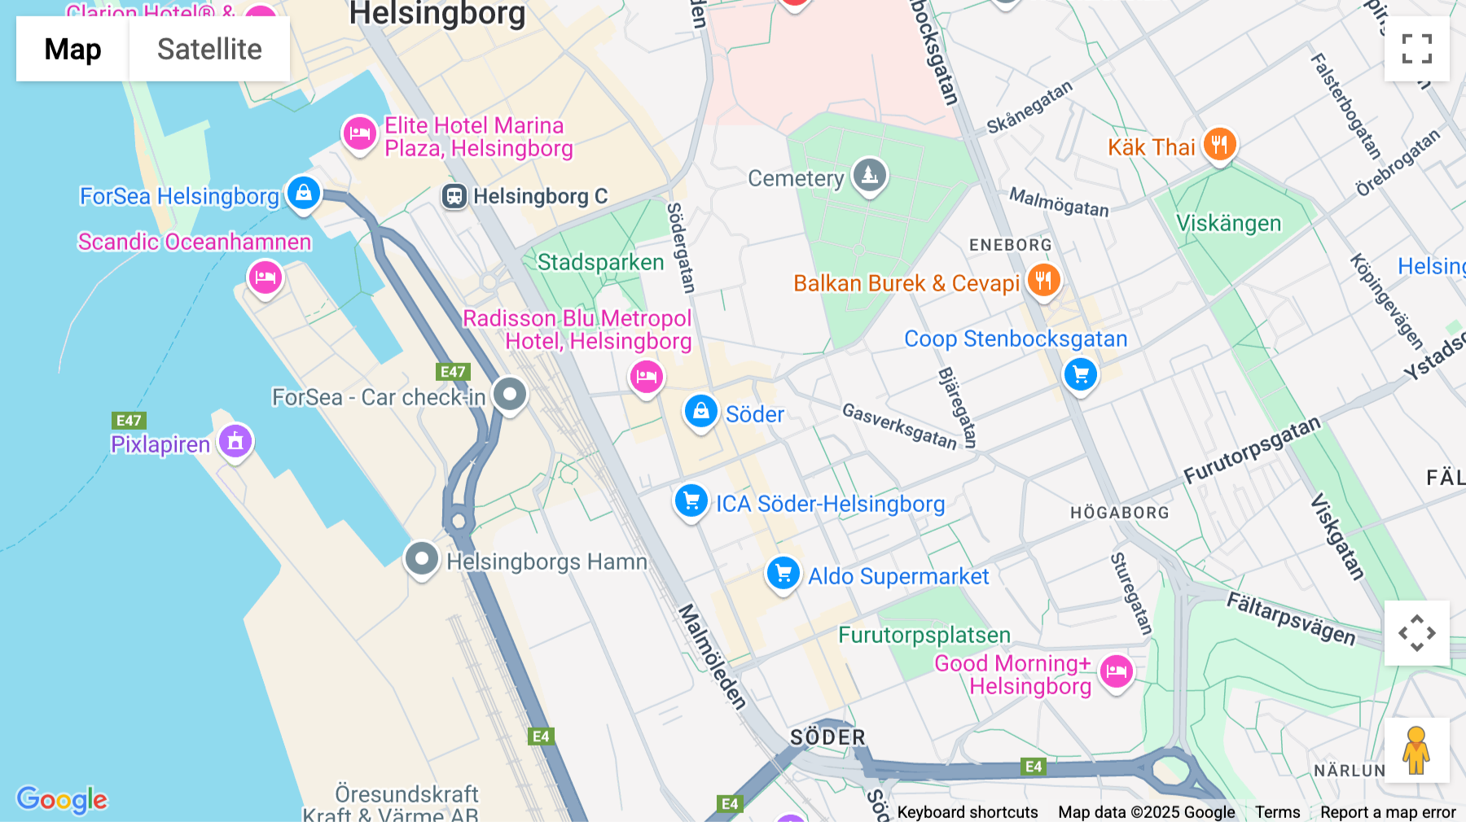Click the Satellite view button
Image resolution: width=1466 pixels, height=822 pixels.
click(209, 49)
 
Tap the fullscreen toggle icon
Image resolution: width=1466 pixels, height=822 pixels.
click(1416, 49)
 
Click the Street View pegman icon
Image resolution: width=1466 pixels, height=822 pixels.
click(1416, 750)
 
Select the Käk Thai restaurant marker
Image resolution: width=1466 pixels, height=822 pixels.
click(1219, 145)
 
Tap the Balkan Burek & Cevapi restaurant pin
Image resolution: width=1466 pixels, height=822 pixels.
click(1043, 281)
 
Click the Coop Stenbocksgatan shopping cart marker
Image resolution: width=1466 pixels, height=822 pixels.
click(1081, 374)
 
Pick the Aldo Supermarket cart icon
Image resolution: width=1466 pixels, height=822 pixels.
click(783, 574)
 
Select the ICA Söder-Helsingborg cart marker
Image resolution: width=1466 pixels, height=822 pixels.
click(691, 501)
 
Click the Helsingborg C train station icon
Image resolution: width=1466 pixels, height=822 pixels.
click(454, 196)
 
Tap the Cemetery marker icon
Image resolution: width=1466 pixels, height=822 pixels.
click(870, 175)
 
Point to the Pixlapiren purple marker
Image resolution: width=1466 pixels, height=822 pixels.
click(235, 442)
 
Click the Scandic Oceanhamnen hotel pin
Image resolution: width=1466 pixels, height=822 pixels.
click(265, 278)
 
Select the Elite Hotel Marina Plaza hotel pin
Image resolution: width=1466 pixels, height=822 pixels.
click(359, 133)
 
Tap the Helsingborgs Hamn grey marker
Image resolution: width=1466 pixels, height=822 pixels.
click(421, 559)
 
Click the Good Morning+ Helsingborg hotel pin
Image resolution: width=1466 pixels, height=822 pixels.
click(1116, 671)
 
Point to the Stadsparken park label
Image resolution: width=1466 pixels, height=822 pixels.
click(600, 262)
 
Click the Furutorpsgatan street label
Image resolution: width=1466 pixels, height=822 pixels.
click(1251, 450)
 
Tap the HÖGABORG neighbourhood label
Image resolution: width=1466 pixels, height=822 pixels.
click(1119, 513)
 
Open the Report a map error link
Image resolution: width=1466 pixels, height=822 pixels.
click(1388, 812)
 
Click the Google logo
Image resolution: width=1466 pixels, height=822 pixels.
click(62, 799)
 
